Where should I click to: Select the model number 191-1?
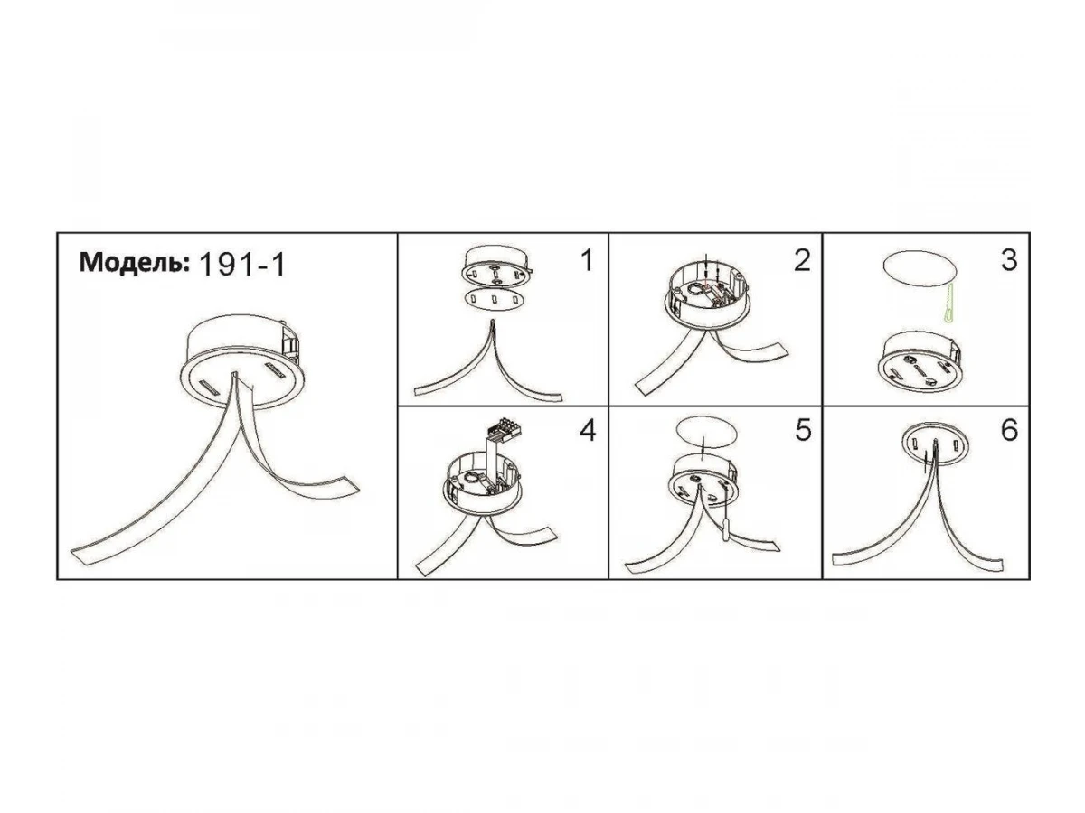tap(242, 265)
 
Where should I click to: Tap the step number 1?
tap(587, 260)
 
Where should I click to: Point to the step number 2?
tap(802, 260)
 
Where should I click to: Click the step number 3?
tap(1009, 260)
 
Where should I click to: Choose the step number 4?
tap(588, 430)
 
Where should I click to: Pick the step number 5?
tap(803, 430)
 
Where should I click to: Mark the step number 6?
tap(1009, 430)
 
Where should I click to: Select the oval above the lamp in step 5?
tap(707, 433)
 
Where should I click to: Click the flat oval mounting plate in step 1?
tap(495, 299)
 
